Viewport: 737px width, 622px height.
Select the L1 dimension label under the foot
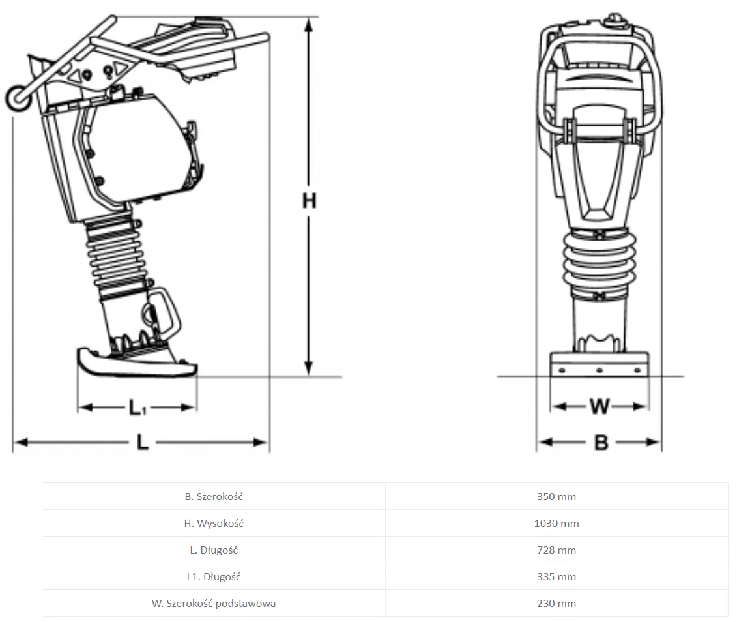coord(137,407)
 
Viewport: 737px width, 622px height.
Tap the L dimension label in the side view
coord(143,442)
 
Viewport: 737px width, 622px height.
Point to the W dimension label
coord(600,406)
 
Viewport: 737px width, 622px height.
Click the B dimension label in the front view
coord(601,443)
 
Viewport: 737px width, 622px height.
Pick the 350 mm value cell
coord(556,496)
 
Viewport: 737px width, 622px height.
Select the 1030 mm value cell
coord(556,524)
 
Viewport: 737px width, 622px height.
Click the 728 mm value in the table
coord(556,550)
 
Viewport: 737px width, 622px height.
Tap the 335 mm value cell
coord(556,577)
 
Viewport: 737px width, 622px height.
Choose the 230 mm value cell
coord(556,604)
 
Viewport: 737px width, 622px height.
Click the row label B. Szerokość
coord(214,496)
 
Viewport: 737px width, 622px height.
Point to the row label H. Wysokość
coord(214,524)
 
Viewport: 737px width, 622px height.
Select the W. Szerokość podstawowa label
coord(214,604)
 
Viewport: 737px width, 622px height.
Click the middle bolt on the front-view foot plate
coord(599,370)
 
